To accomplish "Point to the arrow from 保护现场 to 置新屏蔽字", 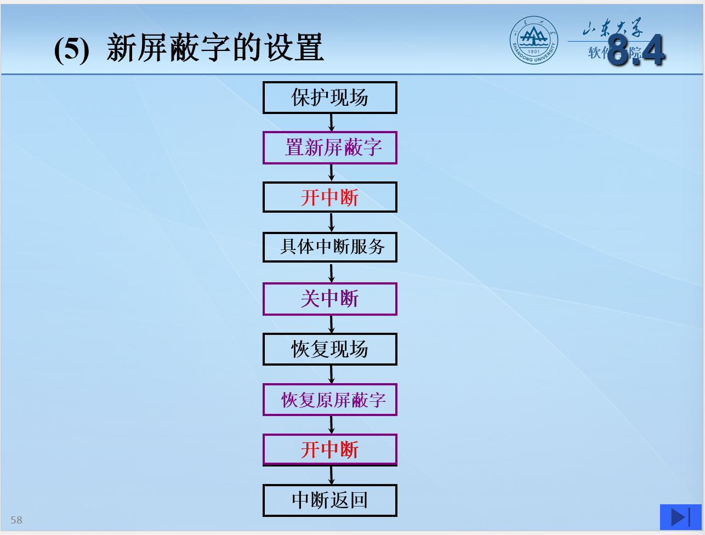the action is (332, 122).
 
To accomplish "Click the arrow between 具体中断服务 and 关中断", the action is (332, 272).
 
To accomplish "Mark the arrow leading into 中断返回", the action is (332, 475).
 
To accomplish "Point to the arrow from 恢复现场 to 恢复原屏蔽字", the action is (332, 374).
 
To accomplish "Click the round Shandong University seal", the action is (534, 40).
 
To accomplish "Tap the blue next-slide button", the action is (680, 517).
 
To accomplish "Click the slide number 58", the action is (16, 520).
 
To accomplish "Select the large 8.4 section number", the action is (636, 50).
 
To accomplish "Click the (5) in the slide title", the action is (72, 50).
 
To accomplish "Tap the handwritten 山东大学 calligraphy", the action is (613, 27).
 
